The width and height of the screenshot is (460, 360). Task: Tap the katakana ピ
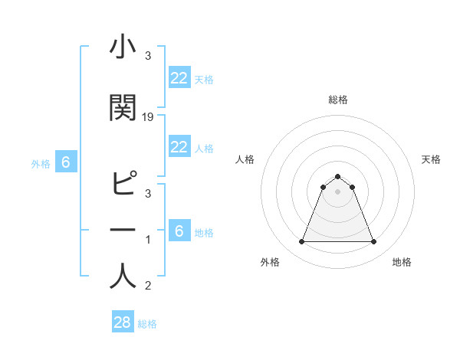123,184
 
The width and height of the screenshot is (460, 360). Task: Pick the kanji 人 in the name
123,276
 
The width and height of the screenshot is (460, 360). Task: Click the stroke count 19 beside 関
149,116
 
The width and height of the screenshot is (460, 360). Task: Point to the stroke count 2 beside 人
148,286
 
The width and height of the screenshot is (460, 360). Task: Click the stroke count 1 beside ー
148,240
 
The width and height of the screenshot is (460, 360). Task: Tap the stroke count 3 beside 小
148,56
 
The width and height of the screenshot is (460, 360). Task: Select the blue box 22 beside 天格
179,77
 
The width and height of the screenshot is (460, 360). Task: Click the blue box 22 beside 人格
179,147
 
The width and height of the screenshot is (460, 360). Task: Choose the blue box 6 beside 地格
179,231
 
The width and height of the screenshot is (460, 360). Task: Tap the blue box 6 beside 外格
66,162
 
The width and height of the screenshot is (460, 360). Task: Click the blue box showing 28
122,322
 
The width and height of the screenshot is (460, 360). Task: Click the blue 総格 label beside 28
147,324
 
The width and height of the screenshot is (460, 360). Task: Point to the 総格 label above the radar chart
337,100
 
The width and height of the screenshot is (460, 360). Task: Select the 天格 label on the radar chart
431,159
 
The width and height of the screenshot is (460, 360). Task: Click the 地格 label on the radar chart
402,262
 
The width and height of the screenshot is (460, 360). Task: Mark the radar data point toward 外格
301,242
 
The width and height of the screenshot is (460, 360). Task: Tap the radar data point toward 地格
373,242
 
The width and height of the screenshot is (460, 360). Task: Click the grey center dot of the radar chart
337,192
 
